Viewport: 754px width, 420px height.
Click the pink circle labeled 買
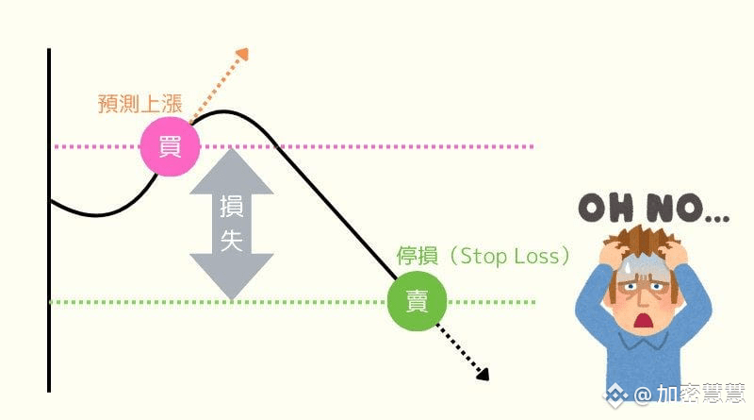pyautogui.click(x=170, y=146)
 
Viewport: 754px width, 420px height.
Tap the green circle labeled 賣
pyautogui.click(x=416, y=302)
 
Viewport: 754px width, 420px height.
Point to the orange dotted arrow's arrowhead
pyautogui.click(x=242, y=54)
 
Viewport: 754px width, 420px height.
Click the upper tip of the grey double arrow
pyautogui.click(x=232, y=154)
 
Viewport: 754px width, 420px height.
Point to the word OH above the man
pyautogui.click(x=604, y=210)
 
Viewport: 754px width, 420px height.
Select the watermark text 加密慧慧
pyautogui.click(x=701, y=394)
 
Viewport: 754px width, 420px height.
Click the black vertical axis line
pyautogui.click(x=48, y=283)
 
